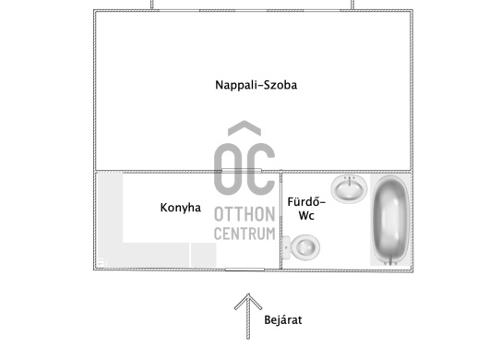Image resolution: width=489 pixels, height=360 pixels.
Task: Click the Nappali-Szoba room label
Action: [x=256, y=85]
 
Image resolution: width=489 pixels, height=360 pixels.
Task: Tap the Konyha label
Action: [x=180, y=208]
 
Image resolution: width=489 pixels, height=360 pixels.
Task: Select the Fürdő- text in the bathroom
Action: [x=306, y=201]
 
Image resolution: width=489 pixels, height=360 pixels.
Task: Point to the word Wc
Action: [x=306, y=216]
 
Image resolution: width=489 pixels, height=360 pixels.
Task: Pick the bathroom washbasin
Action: [x=350, y=189]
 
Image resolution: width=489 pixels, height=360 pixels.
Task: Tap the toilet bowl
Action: [x=305, y=246]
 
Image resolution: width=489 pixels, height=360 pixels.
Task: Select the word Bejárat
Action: [x=283, y=320]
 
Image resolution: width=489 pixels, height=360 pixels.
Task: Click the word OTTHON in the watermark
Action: [x=244, y=214]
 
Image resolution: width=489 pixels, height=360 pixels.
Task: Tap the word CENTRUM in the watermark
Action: [x=244, y=234]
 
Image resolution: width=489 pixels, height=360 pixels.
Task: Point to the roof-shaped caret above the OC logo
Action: [x=244, y=128]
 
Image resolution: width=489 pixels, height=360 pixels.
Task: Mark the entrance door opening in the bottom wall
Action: [x=243, y=269]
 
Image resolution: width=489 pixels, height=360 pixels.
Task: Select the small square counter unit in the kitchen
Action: [x=202, y=254]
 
